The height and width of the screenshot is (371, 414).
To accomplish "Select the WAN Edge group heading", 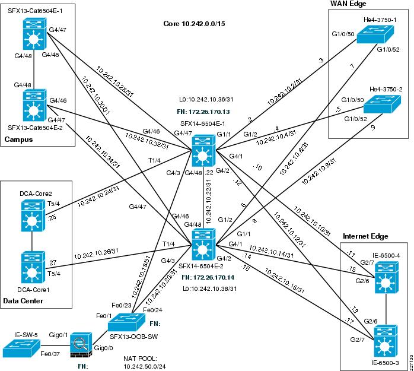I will tap(351, 5).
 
